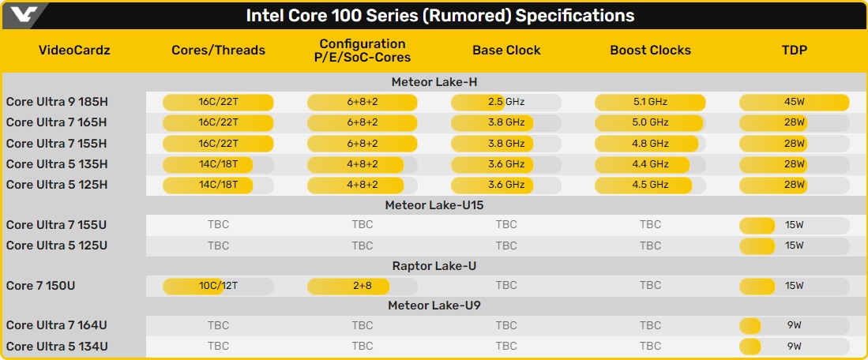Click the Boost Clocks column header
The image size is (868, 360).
(651, 51)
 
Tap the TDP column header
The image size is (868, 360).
(795, 51)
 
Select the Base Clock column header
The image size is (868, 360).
(506, 51)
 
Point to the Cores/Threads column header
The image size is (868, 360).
(218, 51)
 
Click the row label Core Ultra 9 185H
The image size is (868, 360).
(56, 102)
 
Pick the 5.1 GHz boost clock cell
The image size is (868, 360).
(650, 103)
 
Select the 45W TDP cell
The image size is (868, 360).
(795, 103)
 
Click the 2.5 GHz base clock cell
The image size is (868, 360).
(506, 103)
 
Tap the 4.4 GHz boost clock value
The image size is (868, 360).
(650, 164)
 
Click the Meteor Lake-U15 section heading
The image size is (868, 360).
(434, 205)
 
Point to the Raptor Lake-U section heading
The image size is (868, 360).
(434, 266)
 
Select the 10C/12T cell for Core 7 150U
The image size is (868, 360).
(218, 286)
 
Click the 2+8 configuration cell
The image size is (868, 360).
(362, 286)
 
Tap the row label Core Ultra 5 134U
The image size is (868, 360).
(56, 347)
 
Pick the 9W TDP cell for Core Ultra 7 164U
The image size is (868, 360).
(795, 326)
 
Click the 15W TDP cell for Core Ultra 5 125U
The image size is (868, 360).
(795, 245)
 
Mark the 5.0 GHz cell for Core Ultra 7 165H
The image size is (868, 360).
(650, 123)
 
